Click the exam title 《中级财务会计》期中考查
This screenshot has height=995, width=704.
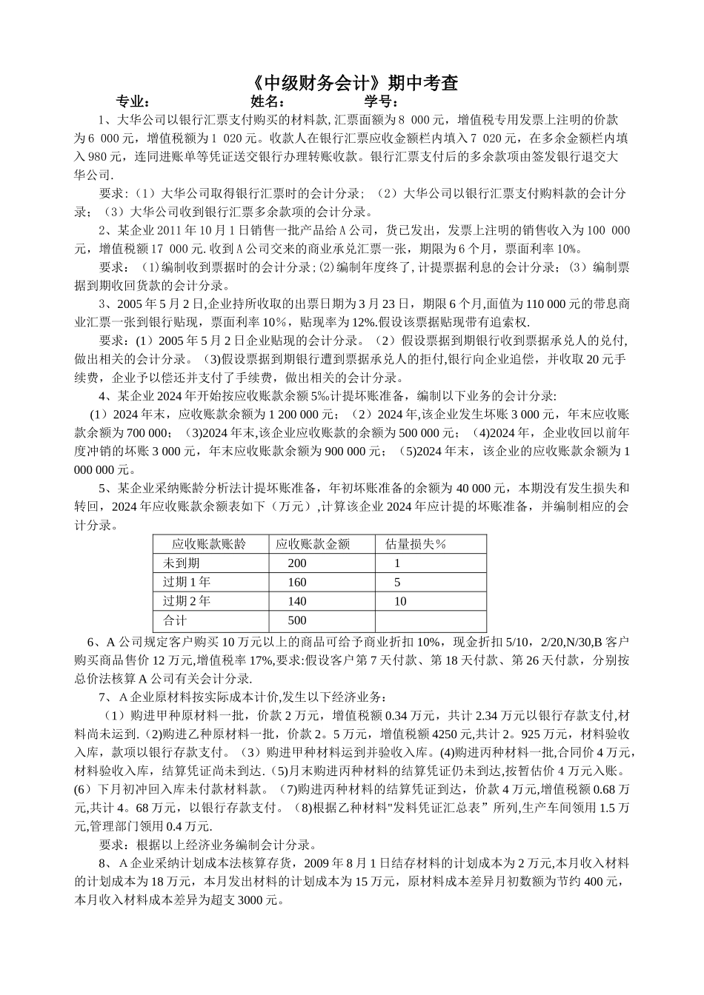point(352,82)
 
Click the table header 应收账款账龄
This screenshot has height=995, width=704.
point(208,544)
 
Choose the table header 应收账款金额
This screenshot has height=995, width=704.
point(312,544)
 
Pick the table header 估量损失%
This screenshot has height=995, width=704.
point(416,544)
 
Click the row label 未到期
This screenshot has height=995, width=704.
point(182,563)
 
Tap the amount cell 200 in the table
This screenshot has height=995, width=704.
point(296,563)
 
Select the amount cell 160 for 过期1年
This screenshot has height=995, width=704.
point(296,583)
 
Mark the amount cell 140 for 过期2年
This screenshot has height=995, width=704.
point(296,601)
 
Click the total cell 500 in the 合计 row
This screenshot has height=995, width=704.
point(296,620)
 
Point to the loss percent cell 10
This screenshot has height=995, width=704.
point(400,601)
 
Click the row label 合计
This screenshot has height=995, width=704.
point(175,620)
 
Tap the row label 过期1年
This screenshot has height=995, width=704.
point(187,583)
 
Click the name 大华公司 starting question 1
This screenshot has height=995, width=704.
point(136,120)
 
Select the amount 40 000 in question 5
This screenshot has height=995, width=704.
point(485,488)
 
